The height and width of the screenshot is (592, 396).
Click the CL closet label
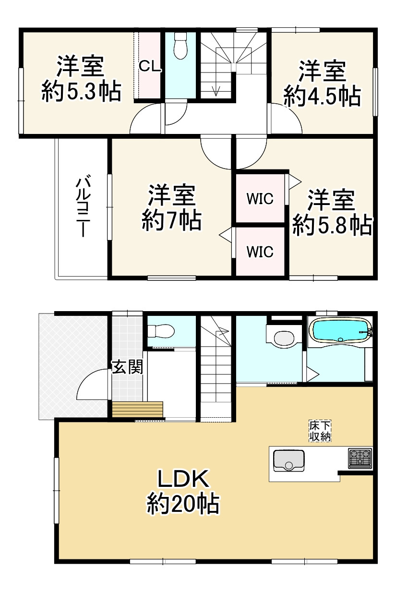point(149,66)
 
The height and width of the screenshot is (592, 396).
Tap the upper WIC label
point(260,198)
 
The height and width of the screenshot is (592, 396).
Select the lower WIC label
point(260,251)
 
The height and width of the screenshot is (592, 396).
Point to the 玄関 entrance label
point(127,368)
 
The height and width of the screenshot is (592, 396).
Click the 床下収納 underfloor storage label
point(319,431)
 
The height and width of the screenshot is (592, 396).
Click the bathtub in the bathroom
point(339,329)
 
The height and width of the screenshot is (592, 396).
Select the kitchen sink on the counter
point(288,460)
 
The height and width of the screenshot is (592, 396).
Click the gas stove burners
point(360,458)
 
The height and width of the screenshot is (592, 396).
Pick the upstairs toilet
point(180,46)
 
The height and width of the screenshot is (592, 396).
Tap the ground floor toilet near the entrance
point(161,331)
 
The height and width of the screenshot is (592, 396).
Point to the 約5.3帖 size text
point(81,91)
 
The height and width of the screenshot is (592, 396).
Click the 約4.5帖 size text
point(322,97)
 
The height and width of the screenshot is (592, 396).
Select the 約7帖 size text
point(171,220)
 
